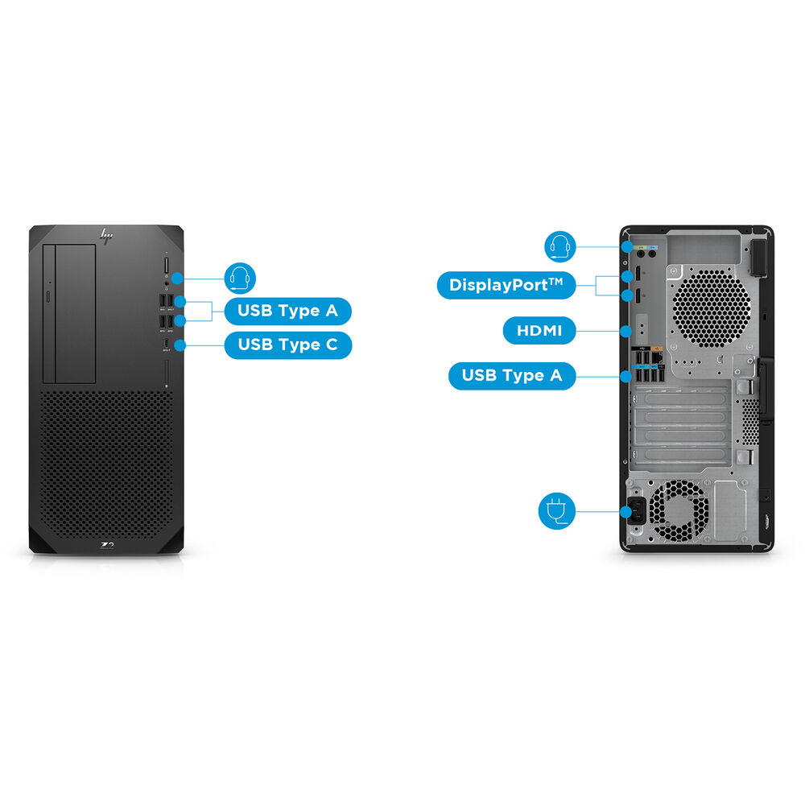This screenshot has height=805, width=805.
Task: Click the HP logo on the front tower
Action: pos(105,235)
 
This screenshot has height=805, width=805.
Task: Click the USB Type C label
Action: pos(287,345)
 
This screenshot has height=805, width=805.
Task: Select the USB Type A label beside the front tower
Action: pos(287,311)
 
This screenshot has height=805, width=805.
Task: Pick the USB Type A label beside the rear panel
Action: pos(512,375)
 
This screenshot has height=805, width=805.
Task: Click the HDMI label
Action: pos(539,329)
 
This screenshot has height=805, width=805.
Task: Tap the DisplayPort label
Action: pos(506,284)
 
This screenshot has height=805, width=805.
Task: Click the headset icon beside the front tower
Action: pos(239,279)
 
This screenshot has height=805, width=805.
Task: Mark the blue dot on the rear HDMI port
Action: pos(626,329)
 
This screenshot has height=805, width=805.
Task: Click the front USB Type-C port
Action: pos(167,345)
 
